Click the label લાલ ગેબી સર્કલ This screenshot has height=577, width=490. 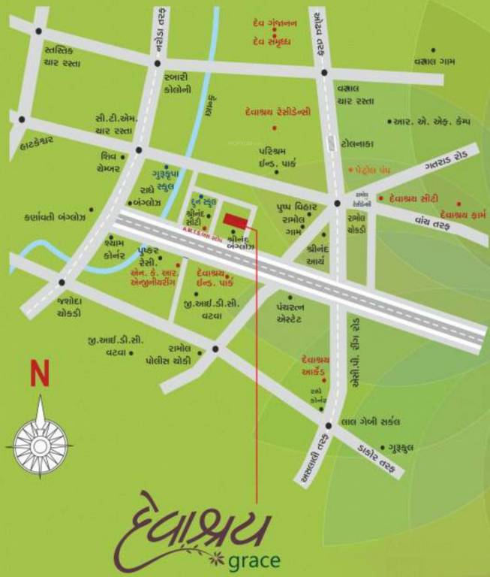click(x=371, y=421)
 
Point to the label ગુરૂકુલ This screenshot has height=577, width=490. click(x=417, y=447)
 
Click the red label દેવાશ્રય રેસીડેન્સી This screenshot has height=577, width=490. click(x=278, y=112)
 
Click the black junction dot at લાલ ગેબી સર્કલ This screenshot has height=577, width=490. click(x=328, y=426)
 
